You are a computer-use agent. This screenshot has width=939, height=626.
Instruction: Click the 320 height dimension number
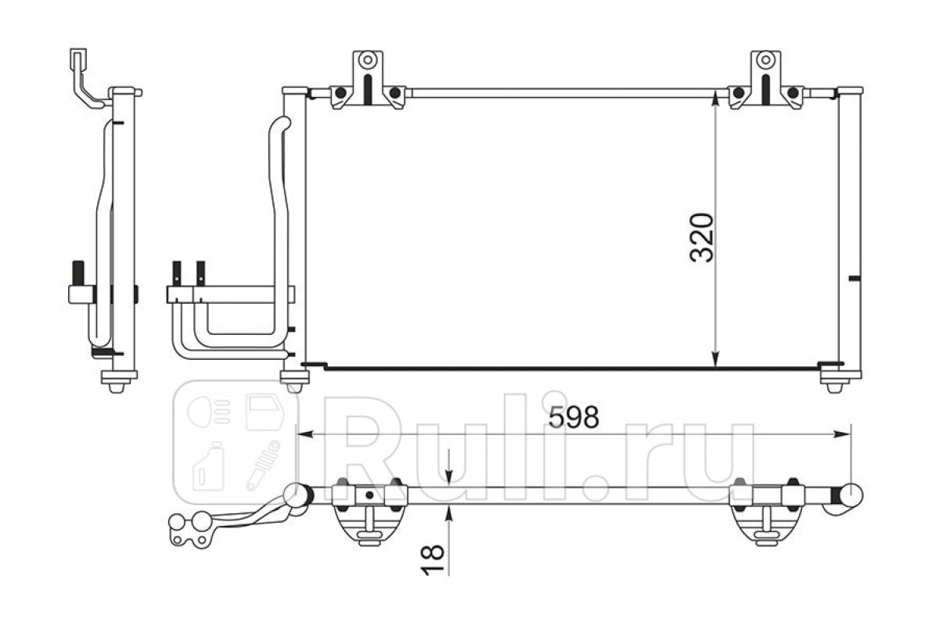click(702, 238)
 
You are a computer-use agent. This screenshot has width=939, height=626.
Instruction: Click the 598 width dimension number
click(574, 418)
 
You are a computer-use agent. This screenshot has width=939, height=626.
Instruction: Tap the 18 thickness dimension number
click(432, 559)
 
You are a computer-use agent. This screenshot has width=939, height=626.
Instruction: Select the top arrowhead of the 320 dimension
click(715, 100)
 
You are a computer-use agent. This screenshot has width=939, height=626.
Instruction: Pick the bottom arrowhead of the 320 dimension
click(715, 358)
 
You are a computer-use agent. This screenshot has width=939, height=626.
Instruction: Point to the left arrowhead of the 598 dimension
click(305, 434)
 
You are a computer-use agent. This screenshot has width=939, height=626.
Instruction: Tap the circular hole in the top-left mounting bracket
click(368, 59)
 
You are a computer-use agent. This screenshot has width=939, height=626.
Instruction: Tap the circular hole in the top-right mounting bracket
click(765, 59)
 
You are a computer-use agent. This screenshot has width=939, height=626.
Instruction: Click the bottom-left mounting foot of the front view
click(294, 381)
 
